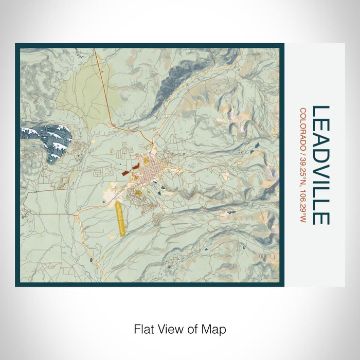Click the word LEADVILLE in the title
click(x=321, y=165)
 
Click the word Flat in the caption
click(x=144, y=328)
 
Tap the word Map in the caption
click(x=215, y=328)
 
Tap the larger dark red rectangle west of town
click(x=125, y=174)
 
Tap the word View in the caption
click(x=170, y=328)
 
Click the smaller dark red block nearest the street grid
click(x=136, y=167)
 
